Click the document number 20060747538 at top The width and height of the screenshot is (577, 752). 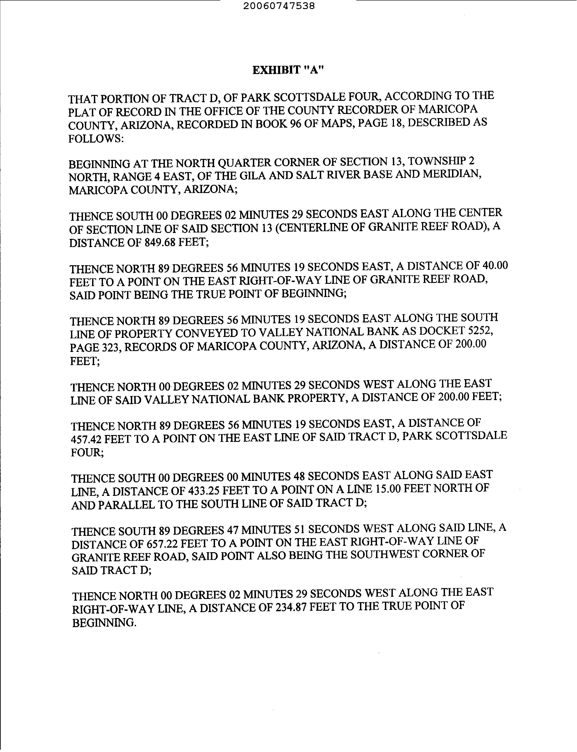pos(279,6)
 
